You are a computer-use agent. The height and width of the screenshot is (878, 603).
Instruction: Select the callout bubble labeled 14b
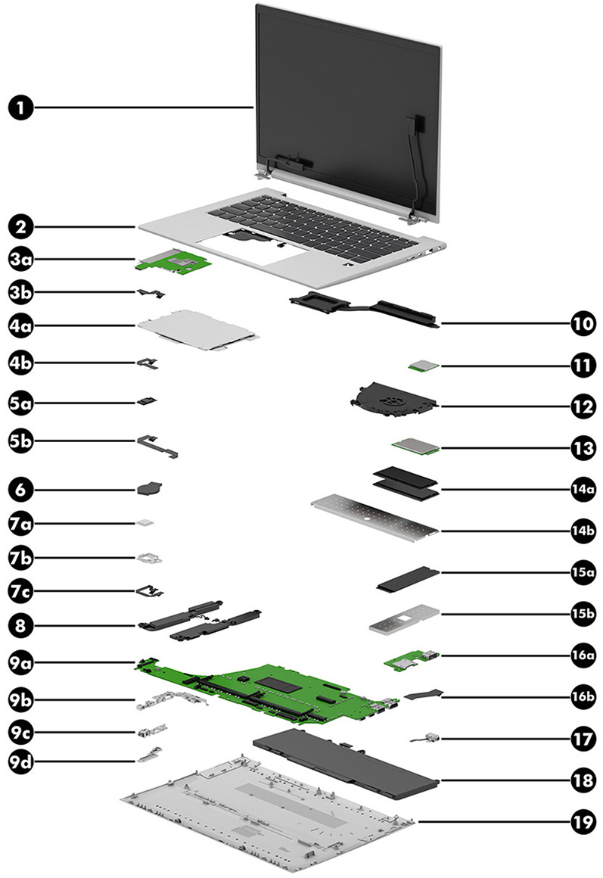[582, 530]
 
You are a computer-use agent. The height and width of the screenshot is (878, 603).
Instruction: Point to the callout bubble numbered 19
[582, 822]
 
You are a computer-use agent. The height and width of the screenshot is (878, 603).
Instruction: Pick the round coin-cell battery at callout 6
[148, 489]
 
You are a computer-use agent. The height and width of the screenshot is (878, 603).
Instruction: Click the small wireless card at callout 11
[426, 366]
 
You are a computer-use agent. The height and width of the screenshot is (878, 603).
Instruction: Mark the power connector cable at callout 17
[418, 737]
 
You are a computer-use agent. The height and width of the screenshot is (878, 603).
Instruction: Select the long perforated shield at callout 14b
[375, 515]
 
